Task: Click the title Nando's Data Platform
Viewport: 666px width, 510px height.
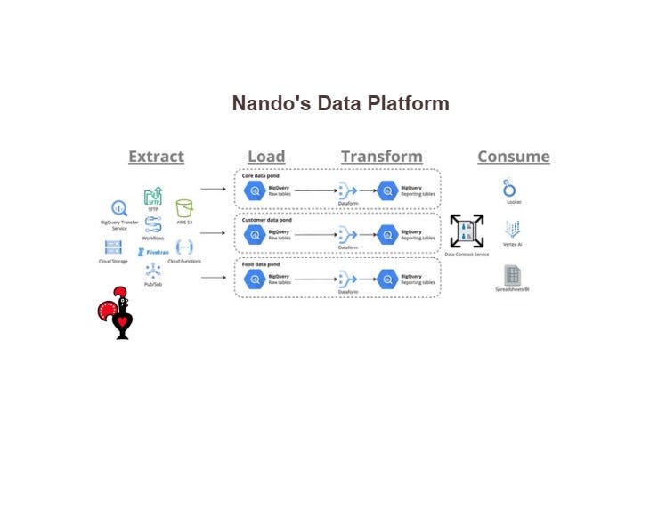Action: pyautogui.click(x=340, y=103)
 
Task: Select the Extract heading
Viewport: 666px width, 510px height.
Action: pyautogui.click(x=156, y=157)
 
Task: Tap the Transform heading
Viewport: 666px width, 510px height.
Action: pyautogui.click(x=381, y=157)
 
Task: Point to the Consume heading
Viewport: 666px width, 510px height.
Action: pyautogui.click(x=513, y=157)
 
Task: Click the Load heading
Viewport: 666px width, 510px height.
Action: pyautogui.click(x=266, y=157)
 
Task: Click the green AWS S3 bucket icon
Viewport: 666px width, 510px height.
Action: pyautogui.click(x=184, y=209)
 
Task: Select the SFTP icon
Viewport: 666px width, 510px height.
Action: pyautogui.click(x=152, y=196)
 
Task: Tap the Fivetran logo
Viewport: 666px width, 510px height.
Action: pyautogui.click(x=152, y=252)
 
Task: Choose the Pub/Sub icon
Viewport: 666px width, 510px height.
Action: pyautogui.click(x=152, y=272)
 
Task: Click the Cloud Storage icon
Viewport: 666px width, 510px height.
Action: pyautogui.click(x=113, y=247)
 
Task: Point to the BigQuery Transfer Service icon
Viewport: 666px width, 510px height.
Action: pyautogui.click(x=116, y=210)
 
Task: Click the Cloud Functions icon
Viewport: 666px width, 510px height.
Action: pyautogui.click(x=184, y=247)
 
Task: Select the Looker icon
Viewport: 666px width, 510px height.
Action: pyautogui.click(x=510, y=189)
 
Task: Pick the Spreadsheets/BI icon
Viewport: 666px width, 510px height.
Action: pyautogui.click(x=512, y=274)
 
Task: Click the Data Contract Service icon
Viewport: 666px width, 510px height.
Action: pyautogui.click(x=467, y=231)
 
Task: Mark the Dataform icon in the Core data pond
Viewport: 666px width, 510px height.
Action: pyautogui.click(x=347, y=190)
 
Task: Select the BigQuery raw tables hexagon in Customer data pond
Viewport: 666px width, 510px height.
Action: pyautogui.click(x=255, y=234)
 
